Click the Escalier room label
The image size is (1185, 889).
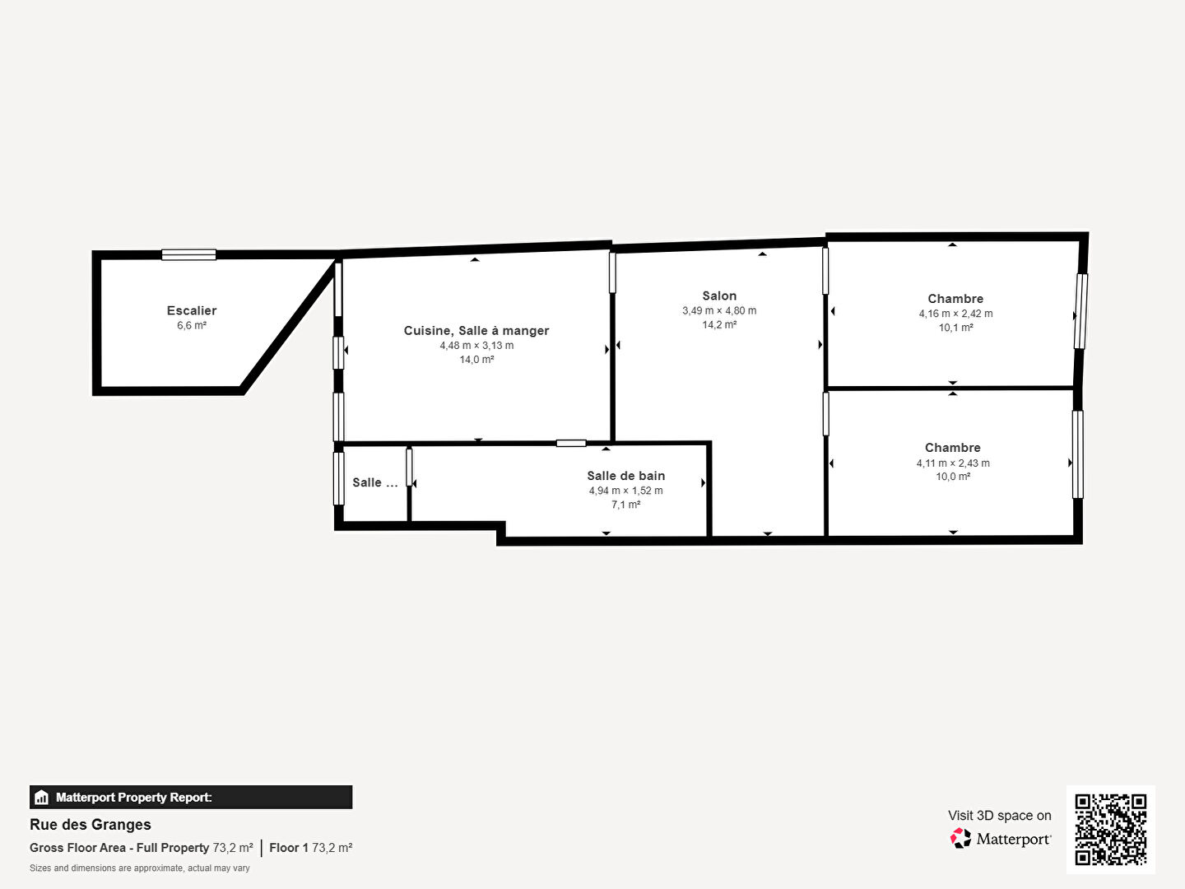pyautogui.click(x=192, y=310)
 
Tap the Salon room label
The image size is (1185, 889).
pyautogui.click(x=719, y=296)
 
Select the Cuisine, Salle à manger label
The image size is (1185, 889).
pyautogui.click(x=476, y=330)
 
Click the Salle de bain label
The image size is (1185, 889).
pyautogui.click(x=625, y=476)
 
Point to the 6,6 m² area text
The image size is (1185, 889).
pyautogui.click(x=192, y=325)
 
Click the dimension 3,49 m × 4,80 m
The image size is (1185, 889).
pyautogui.click(x=719, y=311)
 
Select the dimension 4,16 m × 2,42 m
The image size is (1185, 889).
pyautogui.click(x=955, y=314)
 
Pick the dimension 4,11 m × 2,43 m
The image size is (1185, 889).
pyautogui.click(x=953, y=463)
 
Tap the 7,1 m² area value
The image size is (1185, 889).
pyautogui.click(x=625, y=505)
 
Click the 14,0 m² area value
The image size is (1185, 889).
pyautogui.click(x=476, y=360)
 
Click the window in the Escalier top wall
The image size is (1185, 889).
pyautogui.click(x=189, y=255)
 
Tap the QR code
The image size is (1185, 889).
pyautogui.click(x=1110, y=829)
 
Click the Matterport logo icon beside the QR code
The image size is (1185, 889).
pyautogui.click(x=960, y=838)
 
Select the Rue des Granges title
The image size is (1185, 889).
pyautogui.click(x=91, y=825)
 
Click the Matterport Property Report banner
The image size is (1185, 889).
pyautogui.click(x=191, y=798)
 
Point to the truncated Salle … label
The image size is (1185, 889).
pyautogui.click(x=374, y=482)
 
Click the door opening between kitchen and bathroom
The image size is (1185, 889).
pyautogui.click(x=571, y=443)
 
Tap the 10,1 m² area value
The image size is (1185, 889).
pyautogui.click(x=955, y=328)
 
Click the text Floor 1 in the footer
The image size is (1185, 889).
pyautogui.click(x=289, y=848)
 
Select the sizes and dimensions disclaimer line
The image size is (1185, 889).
pyautogui.click(x=139, y=868)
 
